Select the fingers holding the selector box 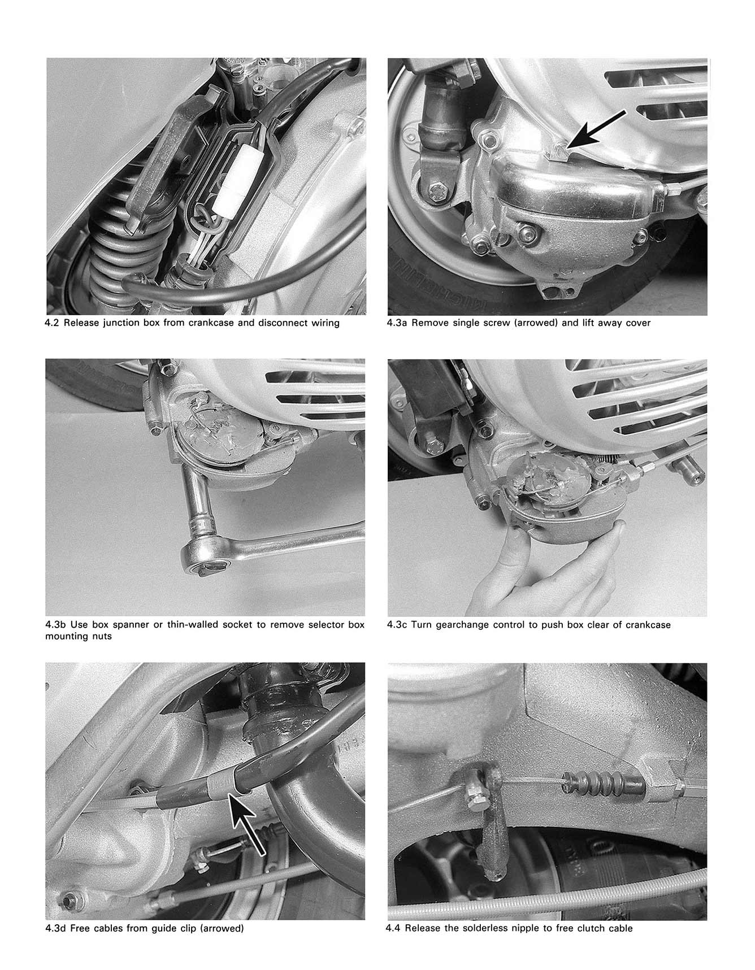point(509,571)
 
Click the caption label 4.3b point(56,625)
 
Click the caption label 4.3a point(398,323)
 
